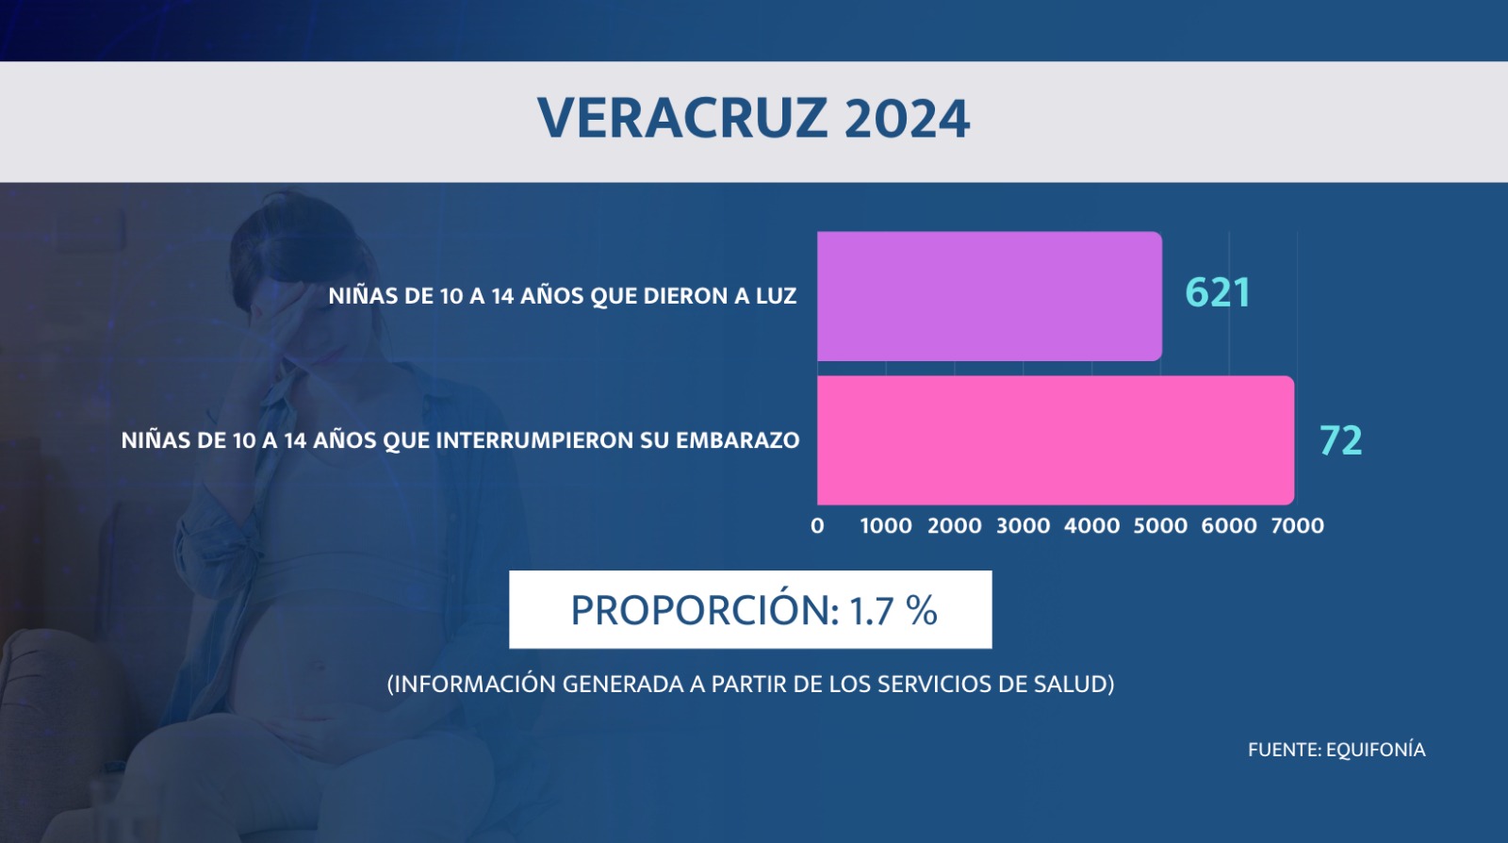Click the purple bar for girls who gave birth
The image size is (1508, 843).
click(x=990, y=296)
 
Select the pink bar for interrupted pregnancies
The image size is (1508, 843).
click(x=1056, y=440)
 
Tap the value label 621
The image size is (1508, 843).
click(x=1217, y=293)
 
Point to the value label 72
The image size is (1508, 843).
click(x=1340, y=440)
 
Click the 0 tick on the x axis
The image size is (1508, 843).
click(x=817, y=525)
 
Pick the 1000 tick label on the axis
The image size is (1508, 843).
click(x=886, y=525)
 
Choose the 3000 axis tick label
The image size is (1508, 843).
click(x=1024, y=525)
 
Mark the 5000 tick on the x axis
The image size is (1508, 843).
click(x=1160, y=525)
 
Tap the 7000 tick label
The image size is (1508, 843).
click(x=1297, y=525)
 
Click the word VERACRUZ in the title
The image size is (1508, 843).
click(x=682, y=119)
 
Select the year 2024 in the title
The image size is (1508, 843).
click(x=907, y=119)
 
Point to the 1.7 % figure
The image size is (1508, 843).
click(x=893, y=611)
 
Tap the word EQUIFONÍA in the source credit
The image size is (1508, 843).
click(x=1375, y=750)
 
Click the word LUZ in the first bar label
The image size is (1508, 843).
click(x=777, y=295)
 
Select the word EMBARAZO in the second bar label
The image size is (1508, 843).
click(x=738, y=440)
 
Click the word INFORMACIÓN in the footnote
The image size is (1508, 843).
click(x=471, y=684)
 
